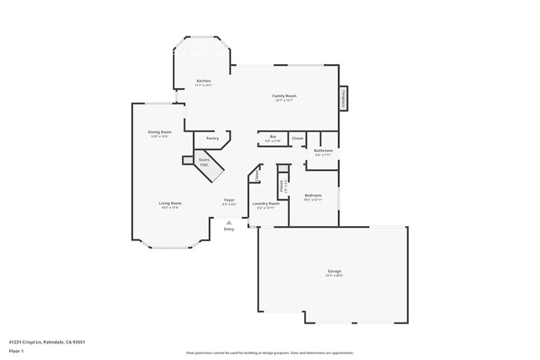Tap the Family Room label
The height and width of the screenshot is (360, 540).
(285, 96)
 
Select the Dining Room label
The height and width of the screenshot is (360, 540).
(160, 132)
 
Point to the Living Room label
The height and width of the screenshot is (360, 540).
(170, 203)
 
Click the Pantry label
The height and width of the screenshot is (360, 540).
(213, 138)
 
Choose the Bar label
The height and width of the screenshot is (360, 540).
(272, 136)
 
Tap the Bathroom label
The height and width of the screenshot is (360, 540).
(323, 150)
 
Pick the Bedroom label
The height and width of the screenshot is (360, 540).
(313, 195)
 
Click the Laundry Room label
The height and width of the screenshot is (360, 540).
(266, 203)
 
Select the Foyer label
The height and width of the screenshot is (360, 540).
(229, 200)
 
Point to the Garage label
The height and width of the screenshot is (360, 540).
(335, 272)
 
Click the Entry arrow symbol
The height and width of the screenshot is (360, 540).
(229, 222)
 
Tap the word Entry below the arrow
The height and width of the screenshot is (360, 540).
(229, 229)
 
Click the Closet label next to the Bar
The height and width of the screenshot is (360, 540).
(297, 137)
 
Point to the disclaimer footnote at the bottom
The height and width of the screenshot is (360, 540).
(270, 353)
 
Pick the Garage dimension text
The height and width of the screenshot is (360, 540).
(335, 276)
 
